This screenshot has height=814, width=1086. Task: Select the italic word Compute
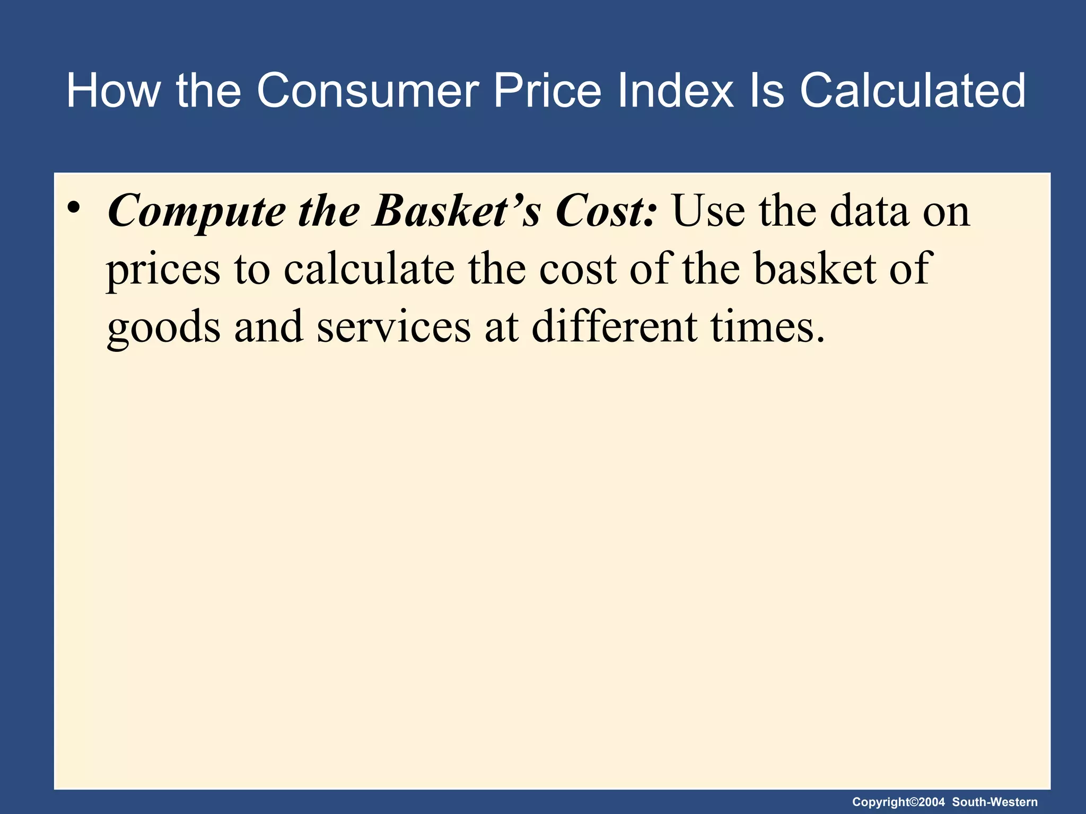(x=196, y=212)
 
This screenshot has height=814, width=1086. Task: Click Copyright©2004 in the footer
(x=898, y=802)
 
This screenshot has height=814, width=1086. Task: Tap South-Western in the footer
(x=995, y=802)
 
